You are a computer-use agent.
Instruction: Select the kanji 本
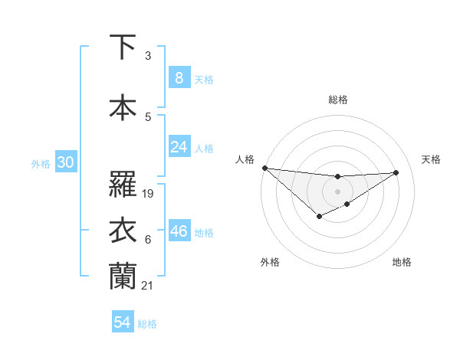click(x=123, y=107)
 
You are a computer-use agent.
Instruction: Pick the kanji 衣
click(x=123, y=231)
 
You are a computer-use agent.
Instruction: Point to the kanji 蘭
click(x=123, y=276)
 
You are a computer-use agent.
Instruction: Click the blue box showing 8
click(x=179, y=77)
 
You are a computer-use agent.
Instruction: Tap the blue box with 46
click(x=179, y=231)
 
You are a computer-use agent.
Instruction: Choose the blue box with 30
click(x=65, y=162)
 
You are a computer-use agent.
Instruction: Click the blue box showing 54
click(x=123, y=322)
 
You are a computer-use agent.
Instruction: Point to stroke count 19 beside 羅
click(x=149, y=194)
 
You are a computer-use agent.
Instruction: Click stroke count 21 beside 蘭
click(x=149, y=286)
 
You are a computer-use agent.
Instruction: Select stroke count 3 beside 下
click(x=147, y=56)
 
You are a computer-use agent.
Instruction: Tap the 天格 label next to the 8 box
click(x=204, y=79)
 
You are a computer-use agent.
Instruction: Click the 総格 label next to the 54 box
click(x=147, y=324)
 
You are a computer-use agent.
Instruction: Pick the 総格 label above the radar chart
click(x=337, y=100)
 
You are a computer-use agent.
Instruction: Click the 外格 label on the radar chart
click(x=270, y=262)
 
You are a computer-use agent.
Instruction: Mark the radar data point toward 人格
click(x=264, y=168)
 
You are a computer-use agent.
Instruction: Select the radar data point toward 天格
click(x=396, y=172)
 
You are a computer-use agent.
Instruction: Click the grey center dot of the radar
click(x=337, y=191)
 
